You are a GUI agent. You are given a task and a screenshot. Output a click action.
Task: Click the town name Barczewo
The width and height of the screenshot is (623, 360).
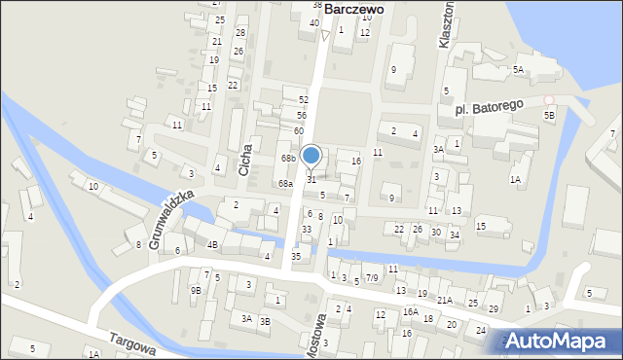coord(353,8)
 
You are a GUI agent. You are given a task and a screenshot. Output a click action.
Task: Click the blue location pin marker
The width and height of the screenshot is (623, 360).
coord(311,157)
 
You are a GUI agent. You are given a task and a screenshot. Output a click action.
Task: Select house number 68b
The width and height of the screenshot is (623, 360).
coord(288,159)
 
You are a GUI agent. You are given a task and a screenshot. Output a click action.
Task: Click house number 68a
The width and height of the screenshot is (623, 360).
coord(284,183)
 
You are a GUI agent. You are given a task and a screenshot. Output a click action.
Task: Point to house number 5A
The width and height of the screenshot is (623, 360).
coord(519,69)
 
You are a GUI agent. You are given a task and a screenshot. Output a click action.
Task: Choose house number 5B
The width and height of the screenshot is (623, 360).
coord(549,116)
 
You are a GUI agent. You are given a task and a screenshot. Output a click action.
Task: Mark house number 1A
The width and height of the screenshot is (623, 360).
coord(515,180)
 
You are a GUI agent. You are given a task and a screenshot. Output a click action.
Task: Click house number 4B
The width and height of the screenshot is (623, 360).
coord(212,244)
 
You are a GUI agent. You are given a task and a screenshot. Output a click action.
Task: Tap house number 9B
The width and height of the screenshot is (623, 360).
coord(196,290)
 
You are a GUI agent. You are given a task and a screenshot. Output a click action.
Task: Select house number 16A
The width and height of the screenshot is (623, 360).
coord(410,312)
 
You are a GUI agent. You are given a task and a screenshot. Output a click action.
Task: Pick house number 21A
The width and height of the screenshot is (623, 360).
coord(444,301)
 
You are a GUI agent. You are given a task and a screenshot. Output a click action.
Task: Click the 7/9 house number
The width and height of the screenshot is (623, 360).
coord(372,278)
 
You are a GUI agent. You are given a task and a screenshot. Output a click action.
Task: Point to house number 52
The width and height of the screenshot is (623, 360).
coord(304,100)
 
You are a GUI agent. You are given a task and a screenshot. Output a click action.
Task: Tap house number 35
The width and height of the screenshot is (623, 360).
coord(297,255)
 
